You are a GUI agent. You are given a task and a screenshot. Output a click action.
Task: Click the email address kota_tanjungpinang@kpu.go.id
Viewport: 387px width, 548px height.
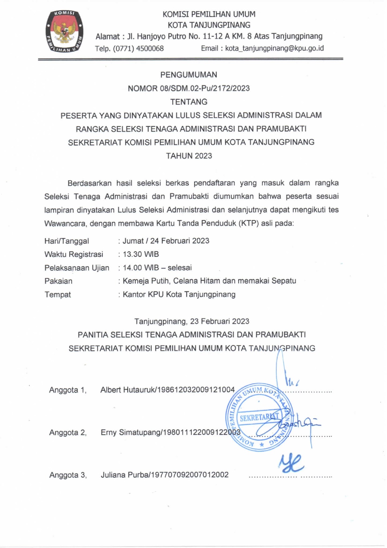pyautogui.click(x=274, y=48)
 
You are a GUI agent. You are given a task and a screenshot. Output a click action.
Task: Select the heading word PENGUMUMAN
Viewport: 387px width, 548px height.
pyautogui.click(x=189, y=75)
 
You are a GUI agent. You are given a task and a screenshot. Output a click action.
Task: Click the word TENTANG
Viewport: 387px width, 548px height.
pyautogui.click(x=189, y=102)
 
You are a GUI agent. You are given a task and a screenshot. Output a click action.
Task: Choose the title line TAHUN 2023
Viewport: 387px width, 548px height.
pyautogui.click(x=189, y=156)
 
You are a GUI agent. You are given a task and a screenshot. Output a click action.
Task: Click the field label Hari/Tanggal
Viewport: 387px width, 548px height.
pyautogui.click(x=66, y=241)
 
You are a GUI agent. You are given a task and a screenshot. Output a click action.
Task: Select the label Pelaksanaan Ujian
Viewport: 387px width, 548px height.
pyautogui.click(x=77, y=268)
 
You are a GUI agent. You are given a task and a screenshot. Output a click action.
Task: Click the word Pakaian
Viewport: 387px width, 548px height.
pyautogui.click(x=58, y=281)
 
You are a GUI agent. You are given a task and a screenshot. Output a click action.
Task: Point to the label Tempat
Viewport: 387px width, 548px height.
pyautogui.click(x=58, y=294)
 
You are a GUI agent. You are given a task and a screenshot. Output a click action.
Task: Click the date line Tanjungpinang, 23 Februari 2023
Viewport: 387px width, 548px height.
pyautogui.click(x=192, y=321)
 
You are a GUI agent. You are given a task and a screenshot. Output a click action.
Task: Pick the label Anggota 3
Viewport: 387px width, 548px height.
pyautogui.click(x=68, y=475)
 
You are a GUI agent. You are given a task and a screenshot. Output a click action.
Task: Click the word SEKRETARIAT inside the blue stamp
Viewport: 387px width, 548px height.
pyautogui.click(x=258, y=417)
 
